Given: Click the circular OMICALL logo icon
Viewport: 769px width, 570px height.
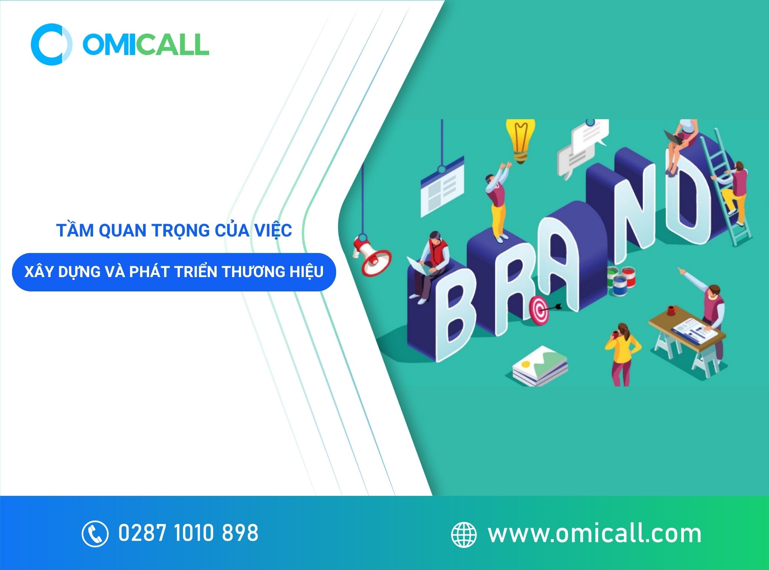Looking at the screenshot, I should point(51,44).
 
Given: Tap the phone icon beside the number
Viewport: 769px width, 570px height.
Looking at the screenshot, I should point(95,533).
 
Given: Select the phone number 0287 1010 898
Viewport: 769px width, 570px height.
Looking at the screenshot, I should point(188,533).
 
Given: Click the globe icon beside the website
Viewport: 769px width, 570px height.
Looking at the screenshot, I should point(464,534).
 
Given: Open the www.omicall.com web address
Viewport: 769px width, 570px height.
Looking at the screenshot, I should point(594,534).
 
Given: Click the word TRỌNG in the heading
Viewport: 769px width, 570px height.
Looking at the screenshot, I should point(180,230).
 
